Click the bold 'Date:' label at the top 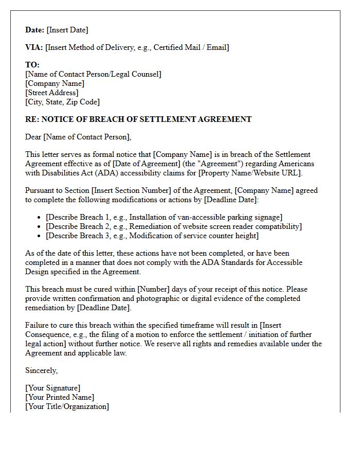coord(35,30)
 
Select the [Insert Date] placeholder coord(67,30)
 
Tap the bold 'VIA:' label coord(34,47)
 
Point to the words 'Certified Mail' coord(177,47)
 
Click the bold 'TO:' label coord(32,65)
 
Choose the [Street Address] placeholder coord(52,93)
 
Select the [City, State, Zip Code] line coord(62,102)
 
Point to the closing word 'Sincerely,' coord(42,370)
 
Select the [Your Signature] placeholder coord(53,388)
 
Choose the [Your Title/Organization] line coord(67,406)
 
